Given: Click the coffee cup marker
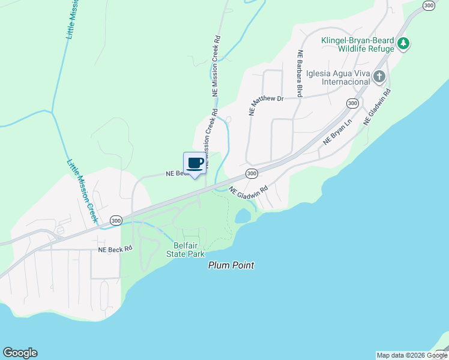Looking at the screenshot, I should coord(194,164).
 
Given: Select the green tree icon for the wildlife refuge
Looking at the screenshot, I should coord(404,43).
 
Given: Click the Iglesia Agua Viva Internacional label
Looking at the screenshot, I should coord(337,77).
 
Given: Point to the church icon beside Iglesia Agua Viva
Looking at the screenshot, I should coord(379,77).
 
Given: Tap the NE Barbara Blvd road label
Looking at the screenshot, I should coord(299,74).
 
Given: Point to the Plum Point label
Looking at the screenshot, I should coord(231,265).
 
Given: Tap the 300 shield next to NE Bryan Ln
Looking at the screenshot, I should coord(353,103).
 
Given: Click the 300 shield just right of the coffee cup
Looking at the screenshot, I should coord(252,173).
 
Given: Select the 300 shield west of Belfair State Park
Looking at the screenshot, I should coord(116,220).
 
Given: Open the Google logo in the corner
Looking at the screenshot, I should coord(20,353).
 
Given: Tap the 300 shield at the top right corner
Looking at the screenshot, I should coord(429,5).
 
